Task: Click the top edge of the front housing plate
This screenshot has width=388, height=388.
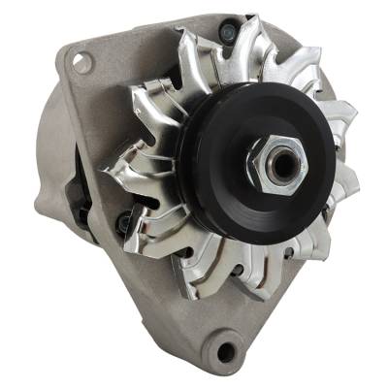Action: tap(155, 24)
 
